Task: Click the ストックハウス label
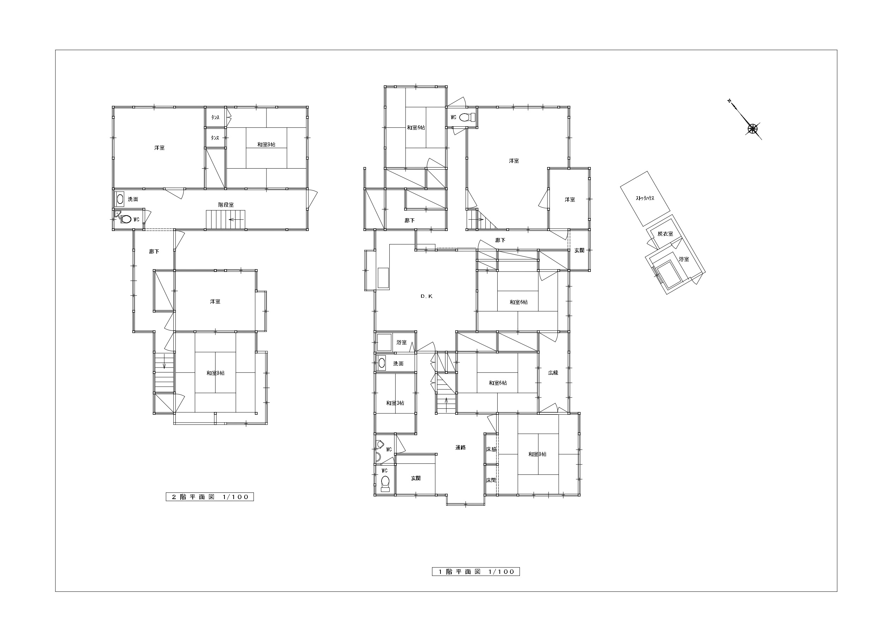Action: click(645, 198)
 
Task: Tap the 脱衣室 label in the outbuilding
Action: click(665, 234)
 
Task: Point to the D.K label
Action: click(427, 296)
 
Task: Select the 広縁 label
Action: click(553, 372)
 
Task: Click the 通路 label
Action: click(461, 447)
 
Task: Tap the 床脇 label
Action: click(491, 449)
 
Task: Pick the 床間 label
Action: click(491, 480)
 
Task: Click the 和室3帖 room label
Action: click(395, 403)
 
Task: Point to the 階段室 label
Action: click(226, 205)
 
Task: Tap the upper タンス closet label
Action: click(215, 117)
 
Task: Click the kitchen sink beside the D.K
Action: click(383, 278)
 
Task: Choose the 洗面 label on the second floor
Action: click(133, 199)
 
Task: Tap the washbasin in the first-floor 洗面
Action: click(382, 363)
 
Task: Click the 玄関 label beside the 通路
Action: click(416, 478)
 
